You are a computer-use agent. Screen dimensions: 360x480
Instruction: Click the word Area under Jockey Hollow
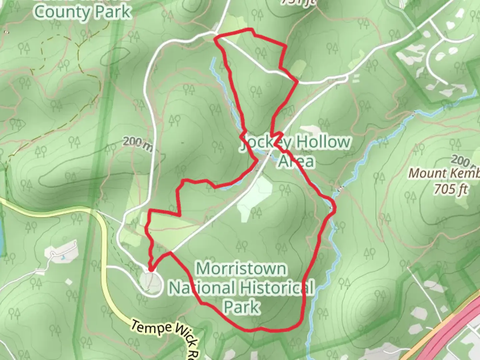(x=296, y=161)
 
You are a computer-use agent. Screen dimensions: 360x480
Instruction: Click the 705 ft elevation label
(x=451, y=189)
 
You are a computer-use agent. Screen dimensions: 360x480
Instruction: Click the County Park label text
(x=82, y=12)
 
